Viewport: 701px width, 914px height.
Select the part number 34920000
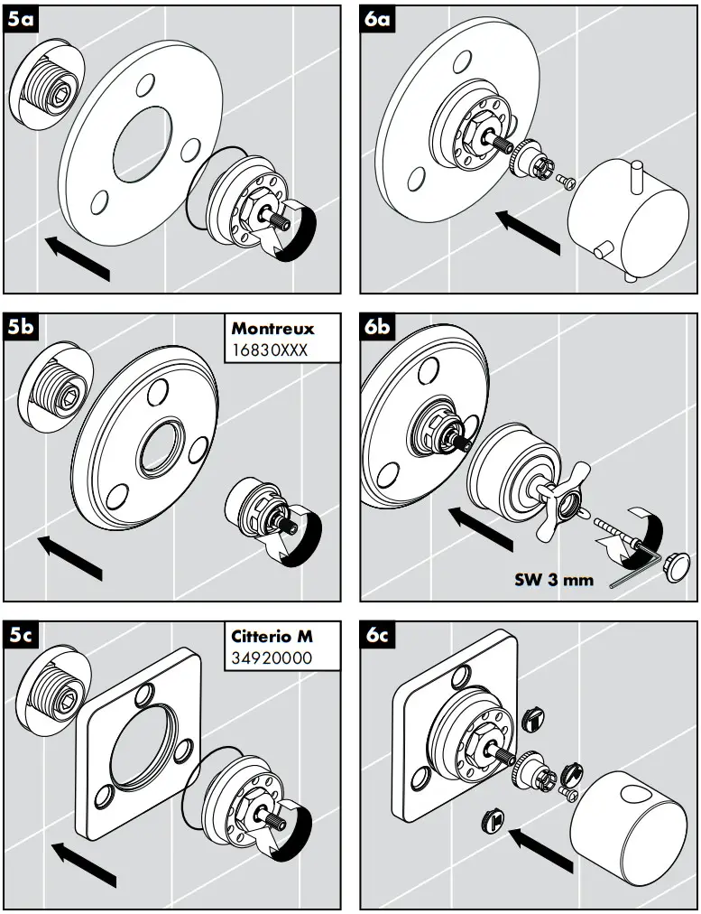point(270,658)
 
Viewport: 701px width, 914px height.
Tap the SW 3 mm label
point(554,580)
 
